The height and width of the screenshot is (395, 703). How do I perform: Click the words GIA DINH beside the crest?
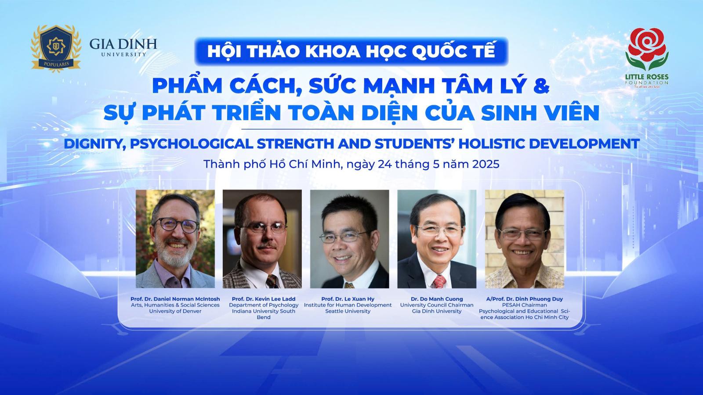pos(123,44)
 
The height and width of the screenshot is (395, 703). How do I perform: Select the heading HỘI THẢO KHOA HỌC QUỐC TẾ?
pos(351,51)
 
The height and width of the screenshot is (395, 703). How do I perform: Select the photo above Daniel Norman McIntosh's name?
pos(175,239)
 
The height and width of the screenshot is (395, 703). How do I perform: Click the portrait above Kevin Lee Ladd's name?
pos(262,239)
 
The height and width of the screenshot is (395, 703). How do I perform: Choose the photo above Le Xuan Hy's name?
pos(349,239)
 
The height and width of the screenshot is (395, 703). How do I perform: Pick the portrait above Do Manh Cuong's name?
pos(437,239)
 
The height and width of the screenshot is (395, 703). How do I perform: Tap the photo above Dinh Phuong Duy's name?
pos(524,239)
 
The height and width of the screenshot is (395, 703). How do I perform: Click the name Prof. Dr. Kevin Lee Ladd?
pos(264,299)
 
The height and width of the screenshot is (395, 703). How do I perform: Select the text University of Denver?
pos(175,311)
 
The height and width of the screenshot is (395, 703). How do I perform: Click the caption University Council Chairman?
pos(437,305)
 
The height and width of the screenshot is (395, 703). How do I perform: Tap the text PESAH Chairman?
pos(524,305)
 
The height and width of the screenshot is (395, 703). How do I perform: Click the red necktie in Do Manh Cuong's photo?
pos(438,281)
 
